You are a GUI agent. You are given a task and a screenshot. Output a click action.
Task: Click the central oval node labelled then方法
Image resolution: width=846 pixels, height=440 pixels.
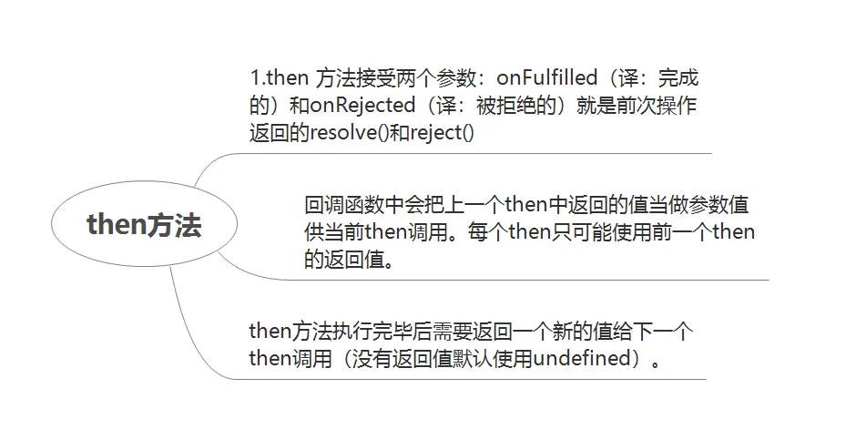(144, 225)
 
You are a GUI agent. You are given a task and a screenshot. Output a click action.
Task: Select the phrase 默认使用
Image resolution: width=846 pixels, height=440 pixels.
(493, 358)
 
